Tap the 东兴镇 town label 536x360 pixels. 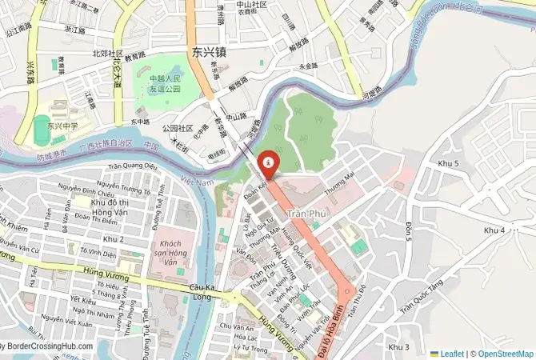tap(210, 51)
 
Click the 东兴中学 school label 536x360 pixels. tap(61, 125)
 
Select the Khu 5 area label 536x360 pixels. tap(449, 163)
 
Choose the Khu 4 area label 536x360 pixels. tap(494, 230)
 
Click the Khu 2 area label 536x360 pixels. tap(114, 238)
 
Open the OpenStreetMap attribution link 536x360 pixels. tap(503, 353)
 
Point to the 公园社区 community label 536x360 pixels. tap(178, 128)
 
